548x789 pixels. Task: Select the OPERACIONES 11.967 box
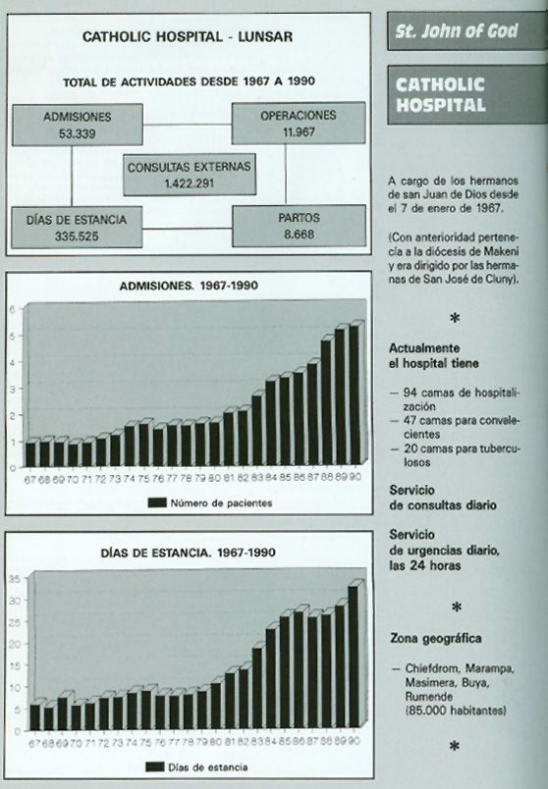click(x=298, y=123)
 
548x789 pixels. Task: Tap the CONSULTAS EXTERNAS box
click(x=190, y=173)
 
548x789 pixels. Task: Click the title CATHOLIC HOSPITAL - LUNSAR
click(x=190, y=38)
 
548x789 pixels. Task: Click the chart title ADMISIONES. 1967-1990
click(x=190, y=287)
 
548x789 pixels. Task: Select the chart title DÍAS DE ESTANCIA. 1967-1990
click(x=190, y=552)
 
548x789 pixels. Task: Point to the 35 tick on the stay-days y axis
click(x=14, y=576)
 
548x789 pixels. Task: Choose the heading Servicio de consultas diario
click(x=441, y=497)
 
